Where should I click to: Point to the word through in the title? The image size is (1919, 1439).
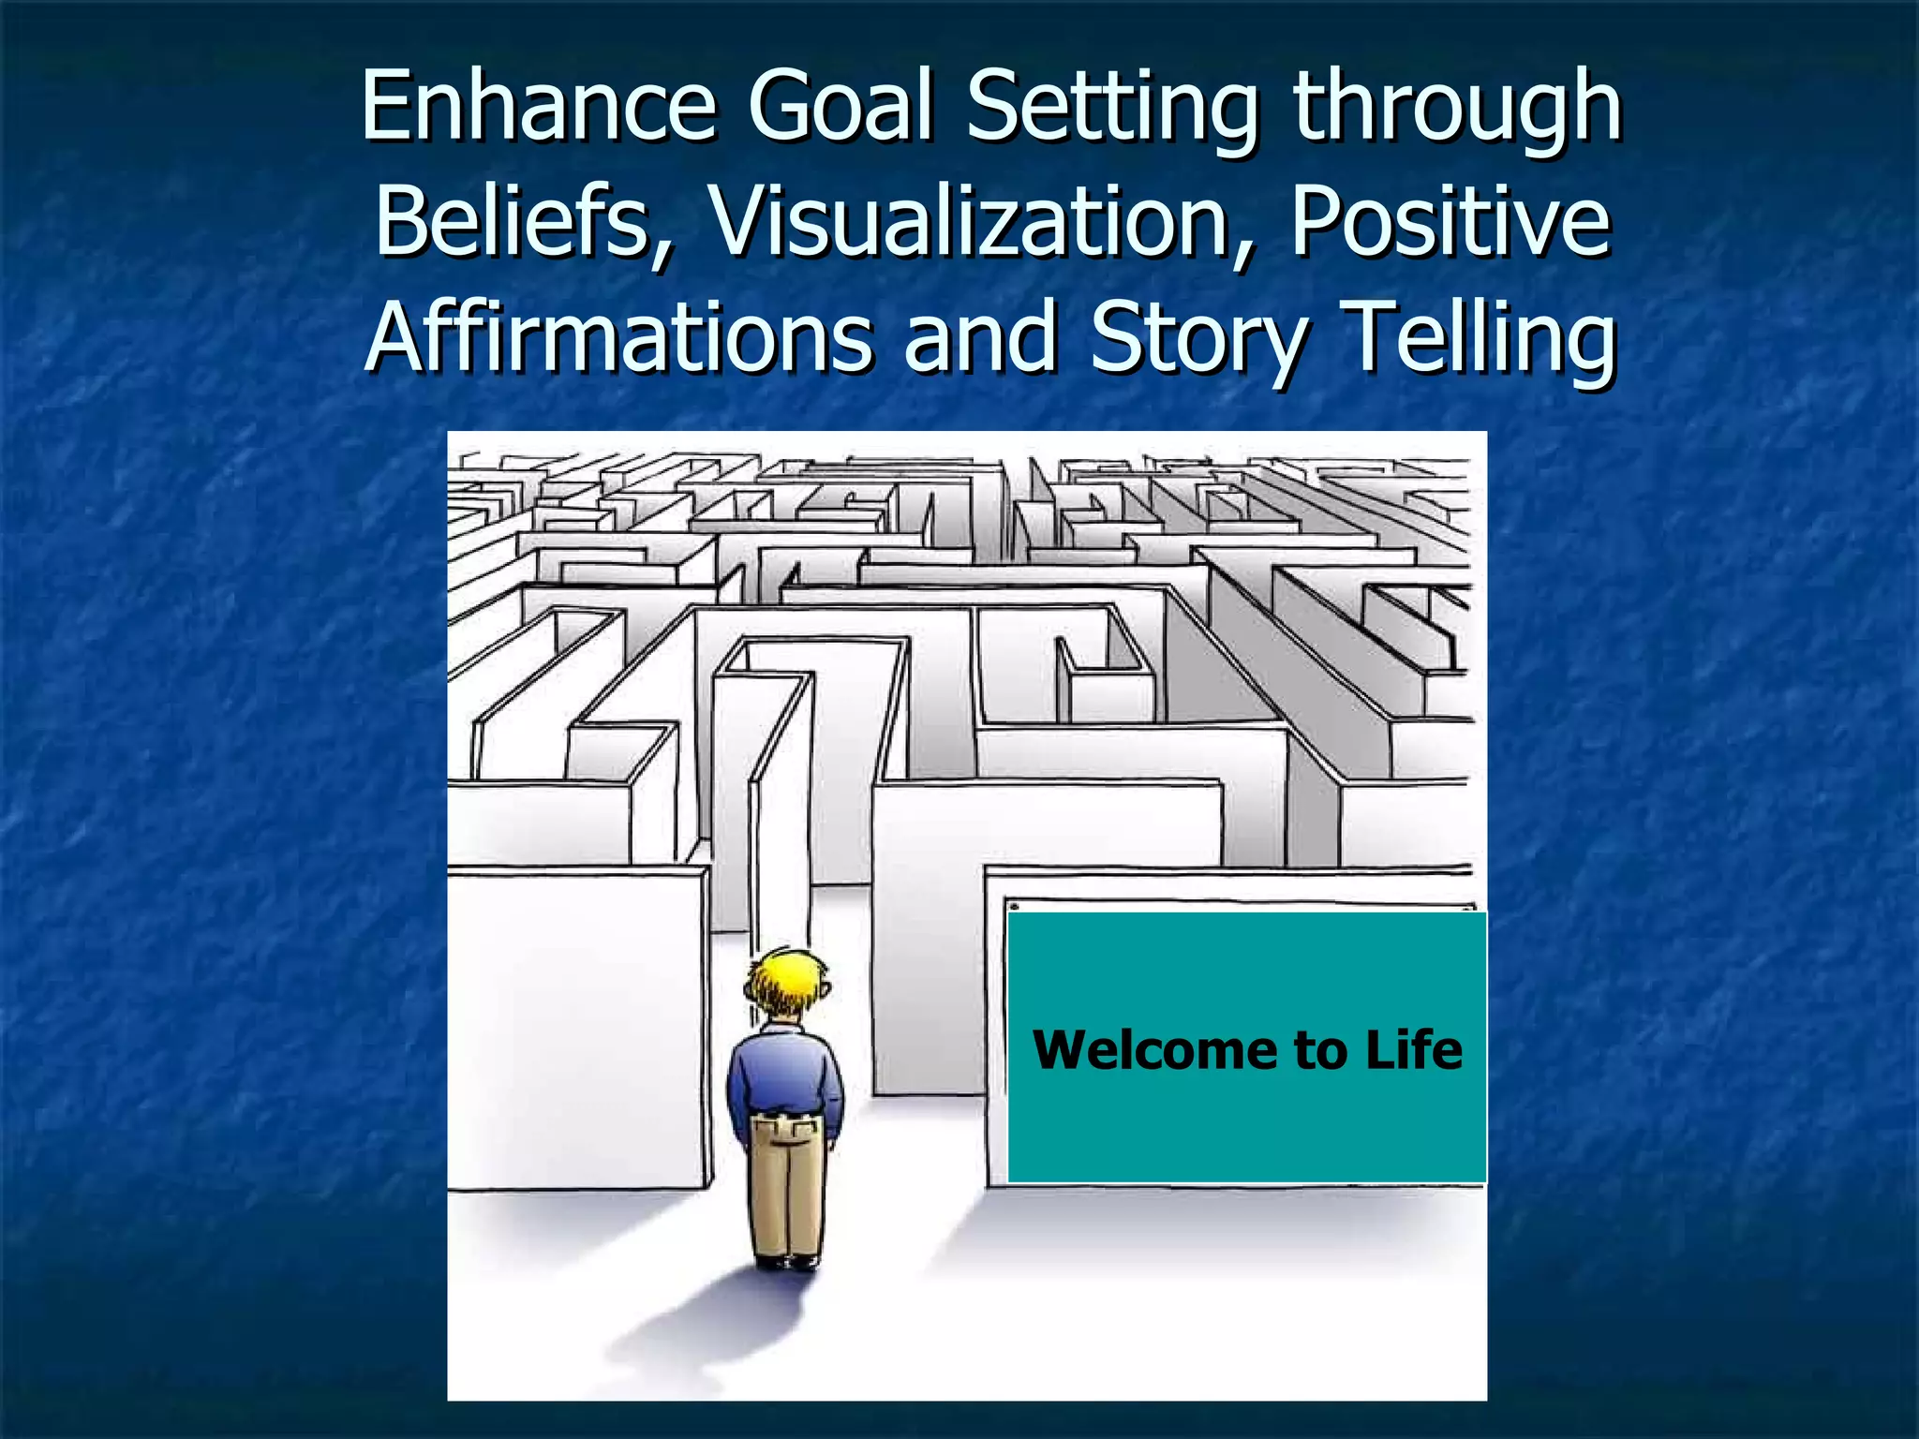pyautogui.click(x=1456, y=111)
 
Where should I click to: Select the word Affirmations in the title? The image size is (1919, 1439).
pyautogui.click(x=618, y=337)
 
